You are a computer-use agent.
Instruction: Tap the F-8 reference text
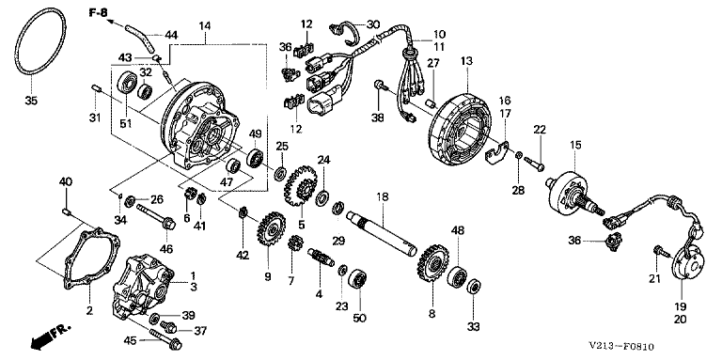click(x=98, y=12)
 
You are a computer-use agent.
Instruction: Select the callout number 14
click(x=204, y=26)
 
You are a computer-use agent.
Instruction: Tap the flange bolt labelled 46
click(x=156, y=217)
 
